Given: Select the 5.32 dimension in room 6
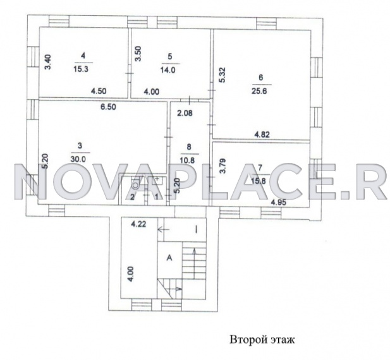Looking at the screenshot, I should (x=222, y=76).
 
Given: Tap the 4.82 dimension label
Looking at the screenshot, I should (x=263, y=135).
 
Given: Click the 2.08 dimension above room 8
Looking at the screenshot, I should (x=185, y=114).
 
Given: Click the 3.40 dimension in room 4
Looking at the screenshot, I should (x=47, y=63).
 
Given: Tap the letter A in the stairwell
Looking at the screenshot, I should (x=169, y=258).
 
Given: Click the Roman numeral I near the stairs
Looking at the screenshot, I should (x=196, y=229).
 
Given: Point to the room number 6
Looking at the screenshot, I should (x=260, y=78).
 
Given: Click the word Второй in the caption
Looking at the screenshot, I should (x=246, y=340).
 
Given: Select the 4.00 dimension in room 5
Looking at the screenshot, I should (x=152, y=92).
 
